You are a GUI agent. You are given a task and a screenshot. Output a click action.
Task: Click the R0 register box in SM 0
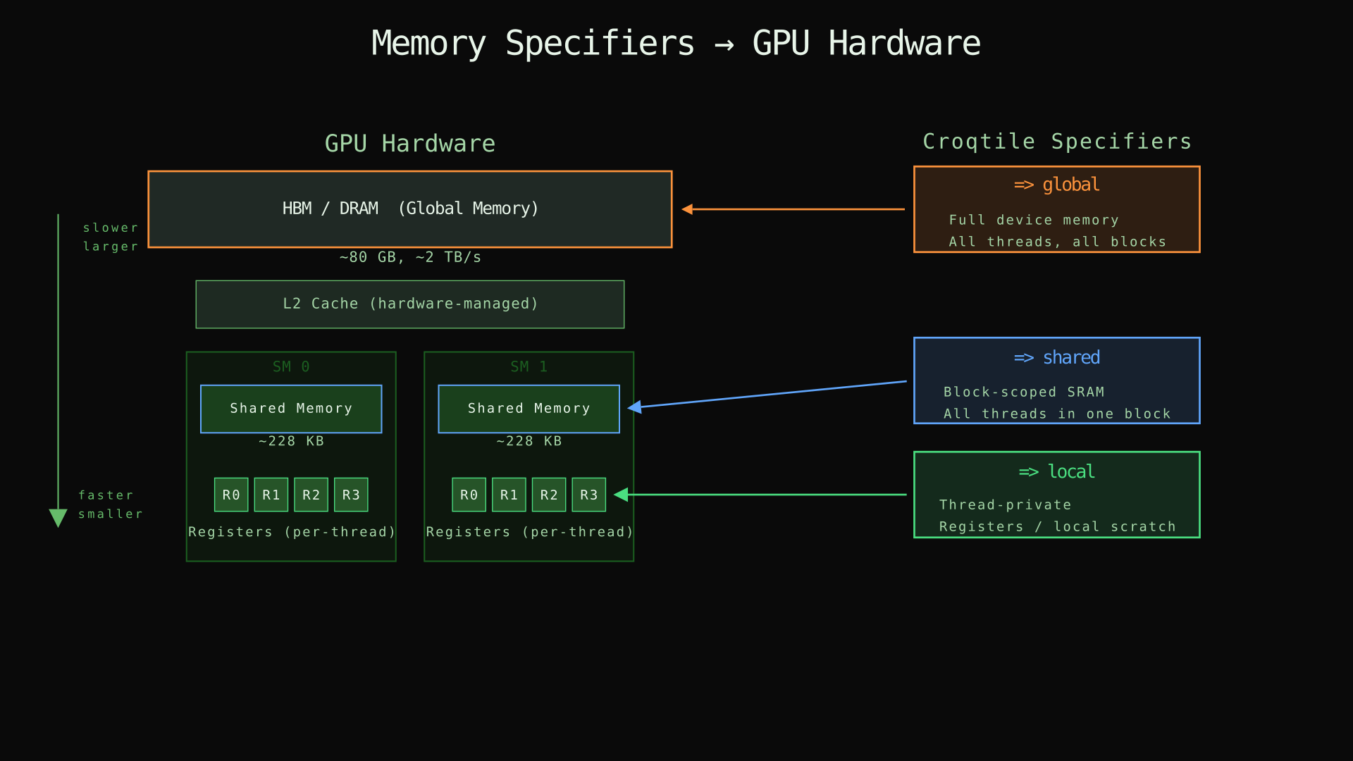231,495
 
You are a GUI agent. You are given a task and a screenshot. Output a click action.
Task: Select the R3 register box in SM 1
588,495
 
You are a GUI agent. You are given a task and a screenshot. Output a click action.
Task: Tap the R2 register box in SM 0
311,495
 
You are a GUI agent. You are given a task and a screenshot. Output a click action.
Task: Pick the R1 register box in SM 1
509,495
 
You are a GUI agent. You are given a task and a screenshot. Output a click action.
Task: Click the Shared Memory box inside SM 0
291,409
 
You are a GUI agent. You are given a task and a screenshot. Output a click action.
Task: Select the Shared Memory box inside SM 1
529,409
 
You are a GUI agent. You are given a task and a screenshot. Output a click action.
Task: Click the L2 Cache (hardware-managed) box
410,304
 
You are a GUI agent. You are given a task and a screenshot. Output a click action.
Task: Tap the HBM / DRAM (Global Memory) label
410,209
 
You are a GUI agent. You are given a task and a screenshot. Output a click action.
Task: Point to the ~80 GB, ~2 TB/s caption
410,257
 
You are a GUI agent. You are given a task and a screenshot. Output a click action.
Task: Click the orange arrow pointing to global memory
793,209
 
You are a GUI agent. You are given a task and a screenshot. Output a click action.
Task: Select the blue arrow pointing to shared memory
768,395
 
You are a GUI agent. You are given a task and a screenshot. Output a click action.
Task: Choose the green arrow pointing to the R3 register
761,495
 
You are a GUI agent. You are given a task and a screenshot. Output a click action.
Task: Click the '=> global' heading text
1056,185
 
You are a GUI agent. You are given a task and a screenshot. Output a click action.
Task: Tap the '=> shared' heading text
1056,358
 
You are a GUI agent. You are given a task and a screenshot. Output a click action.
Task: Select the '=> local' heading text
1056,472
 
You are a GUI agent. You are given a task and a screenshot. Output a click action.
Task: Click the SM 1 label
529,366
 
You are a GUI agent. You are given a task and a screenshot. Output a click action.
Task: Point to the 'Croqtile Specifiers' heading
1056,142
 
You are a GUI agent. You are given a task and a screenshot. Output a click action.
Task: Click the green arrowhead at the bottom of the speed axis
58,517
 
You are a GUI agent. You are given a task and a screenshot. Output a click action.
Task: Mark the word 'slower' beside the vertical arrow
111,228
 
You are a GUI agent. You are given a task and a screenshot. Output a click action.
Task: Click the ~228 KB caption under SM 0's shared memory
291,441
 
